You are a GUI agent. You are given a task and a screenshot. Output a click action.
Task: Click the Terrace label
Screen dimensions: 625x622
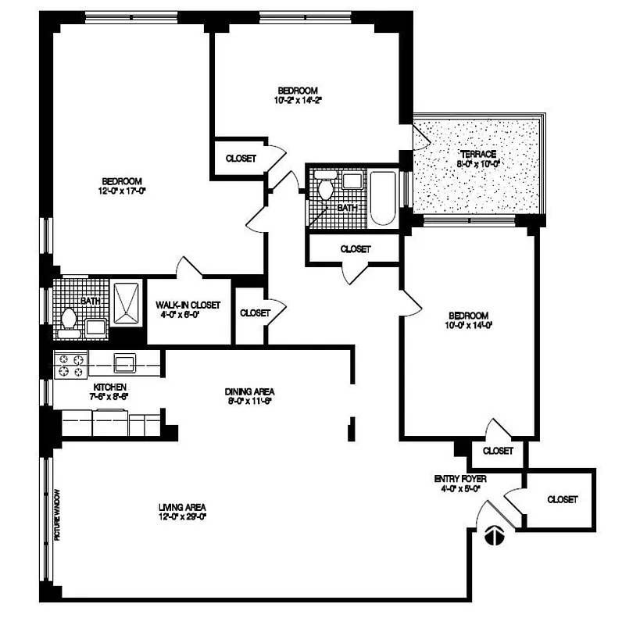point(478,153)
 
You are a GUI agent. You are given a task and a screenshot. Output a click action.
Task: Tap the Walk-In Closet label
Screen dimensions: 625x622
point(188,305)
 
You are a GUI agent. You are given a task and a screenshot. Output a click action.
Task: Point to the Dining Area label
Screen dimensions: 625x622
point(249,391)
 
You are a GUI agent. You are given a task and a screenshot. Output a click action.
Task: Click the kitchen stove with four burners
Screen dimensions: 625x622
point(69,363)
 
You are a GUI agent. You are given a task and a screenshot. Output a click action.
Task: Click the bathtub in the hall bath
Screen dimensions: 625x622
point(382,198)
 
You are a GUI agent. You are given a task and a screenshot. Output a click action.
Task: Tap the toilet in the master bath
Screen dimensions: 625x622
point(69,320)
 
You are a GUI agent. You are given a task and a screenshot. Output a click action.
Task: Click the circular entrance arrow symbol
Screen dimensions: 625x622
point(493,535)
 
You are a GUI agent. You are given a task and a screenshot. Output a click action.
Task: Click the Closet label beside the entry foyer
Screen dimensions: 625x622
point(562,499)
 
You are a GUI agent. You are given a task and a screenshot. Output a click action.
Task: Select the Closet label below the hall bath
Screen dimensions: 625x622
point(356,249)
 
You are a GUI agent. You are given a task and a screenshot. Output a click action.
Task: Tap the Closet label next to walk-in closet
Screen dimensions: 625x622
point(255,312)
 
